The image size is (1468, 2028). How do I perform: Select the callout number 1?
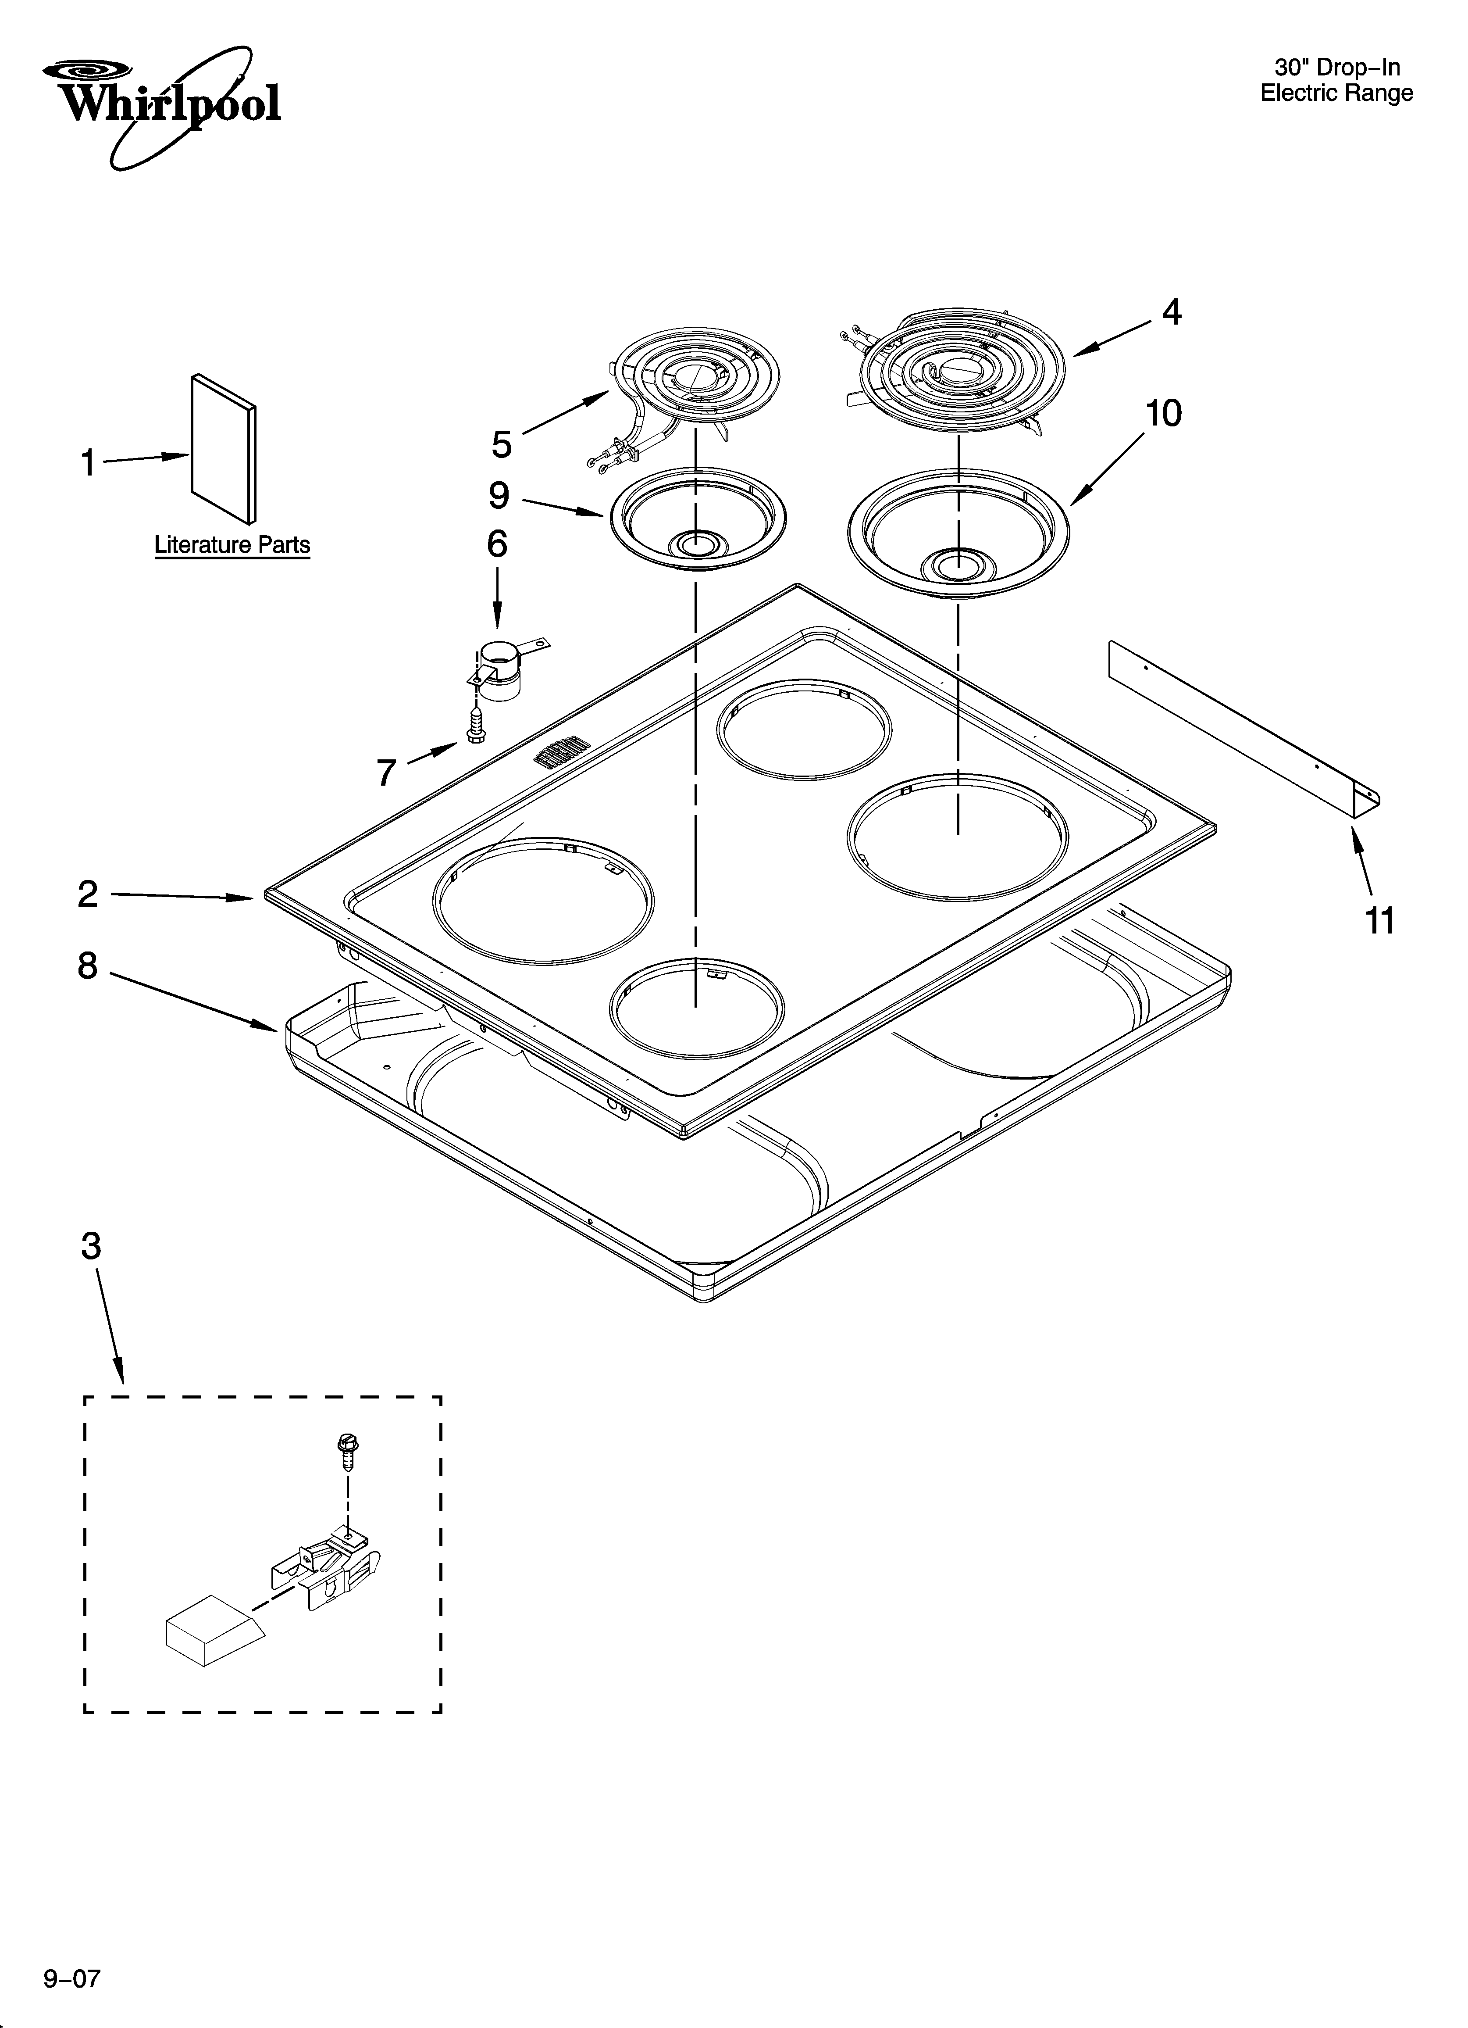(x=88, y=463)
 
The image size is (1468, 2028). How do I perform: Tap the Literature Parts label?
(x=232, y=544)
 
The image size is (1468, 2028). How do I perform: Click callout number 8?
(x=87, y=966)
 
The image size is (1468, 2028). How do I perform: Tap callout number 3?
(x=91, y=1245)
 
